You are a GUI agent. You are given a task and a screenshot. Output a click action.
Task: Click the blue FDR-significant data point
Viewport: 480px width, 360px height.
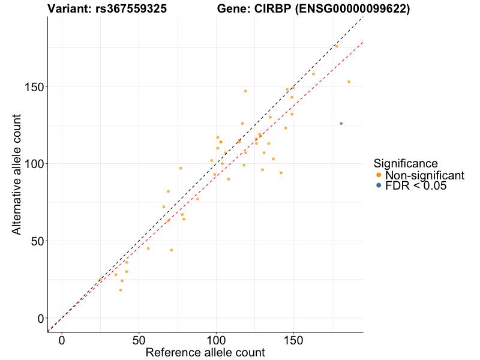(x=341, y=124)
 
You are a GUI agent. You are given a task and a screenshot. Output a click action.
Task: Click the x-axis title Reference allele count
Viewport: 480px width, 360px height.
(x=205, y=353)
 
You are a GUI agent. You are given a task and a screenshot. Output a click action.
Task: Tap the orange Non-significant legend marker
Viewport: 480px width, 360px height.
(x=379, y=175)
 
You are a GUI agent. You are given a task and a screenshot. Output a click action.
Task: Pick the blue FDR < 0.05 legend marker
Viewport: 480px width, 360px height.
(x=379, y=186)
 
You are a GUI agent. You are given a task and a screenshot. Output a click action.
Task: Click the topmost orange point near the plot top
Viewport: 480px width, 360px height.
(x=337, y=46)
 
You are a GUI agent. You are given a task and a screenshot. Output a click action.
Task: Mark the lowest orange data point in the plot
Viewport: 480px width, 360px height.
(x=120, y=290)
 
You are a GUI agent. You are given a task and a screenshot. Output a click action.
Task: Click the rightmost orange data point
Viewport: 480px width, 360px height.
(x=349, y=82)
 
